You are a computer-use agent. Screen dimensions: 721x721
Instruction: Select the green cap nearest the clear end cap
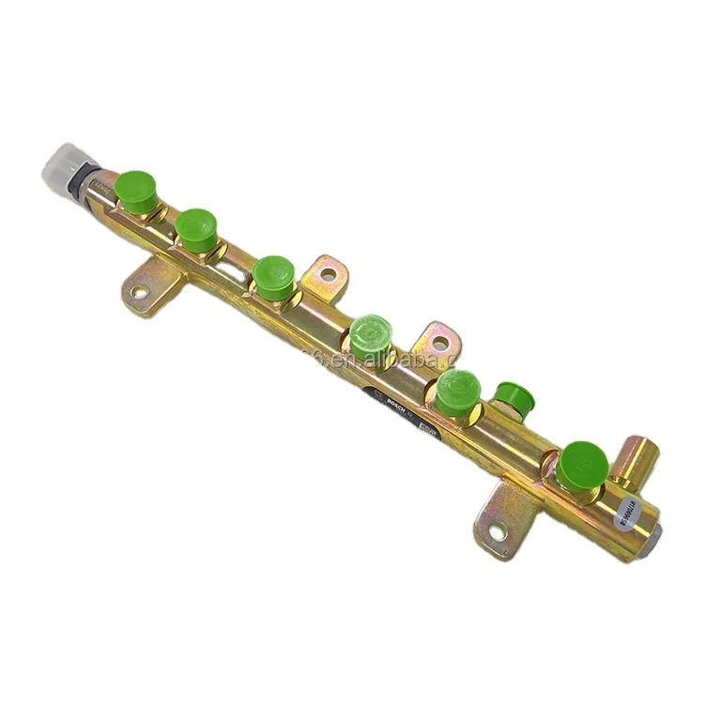pyautogui.click(x=137, y=192)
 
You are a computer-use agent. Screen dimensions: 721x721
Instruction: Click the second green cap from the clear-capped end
pyautogui.click(x=196, y=230)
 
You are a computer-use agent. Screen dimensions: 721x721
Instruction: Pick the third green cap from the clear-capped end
pyautogui.click(x=273, y=278)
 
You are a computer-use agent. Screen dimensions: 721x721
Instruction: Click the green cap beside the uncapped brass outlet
pyautogui.click(x=581, y=465)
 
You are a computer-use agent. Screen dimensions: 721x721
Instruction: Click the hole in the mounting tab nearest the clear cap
pyautogui.click(x=139, y=292)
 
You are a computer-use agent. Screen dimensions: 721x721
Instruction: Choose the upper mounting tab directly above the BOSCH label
pyautogui.click(x=437, y=340)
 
